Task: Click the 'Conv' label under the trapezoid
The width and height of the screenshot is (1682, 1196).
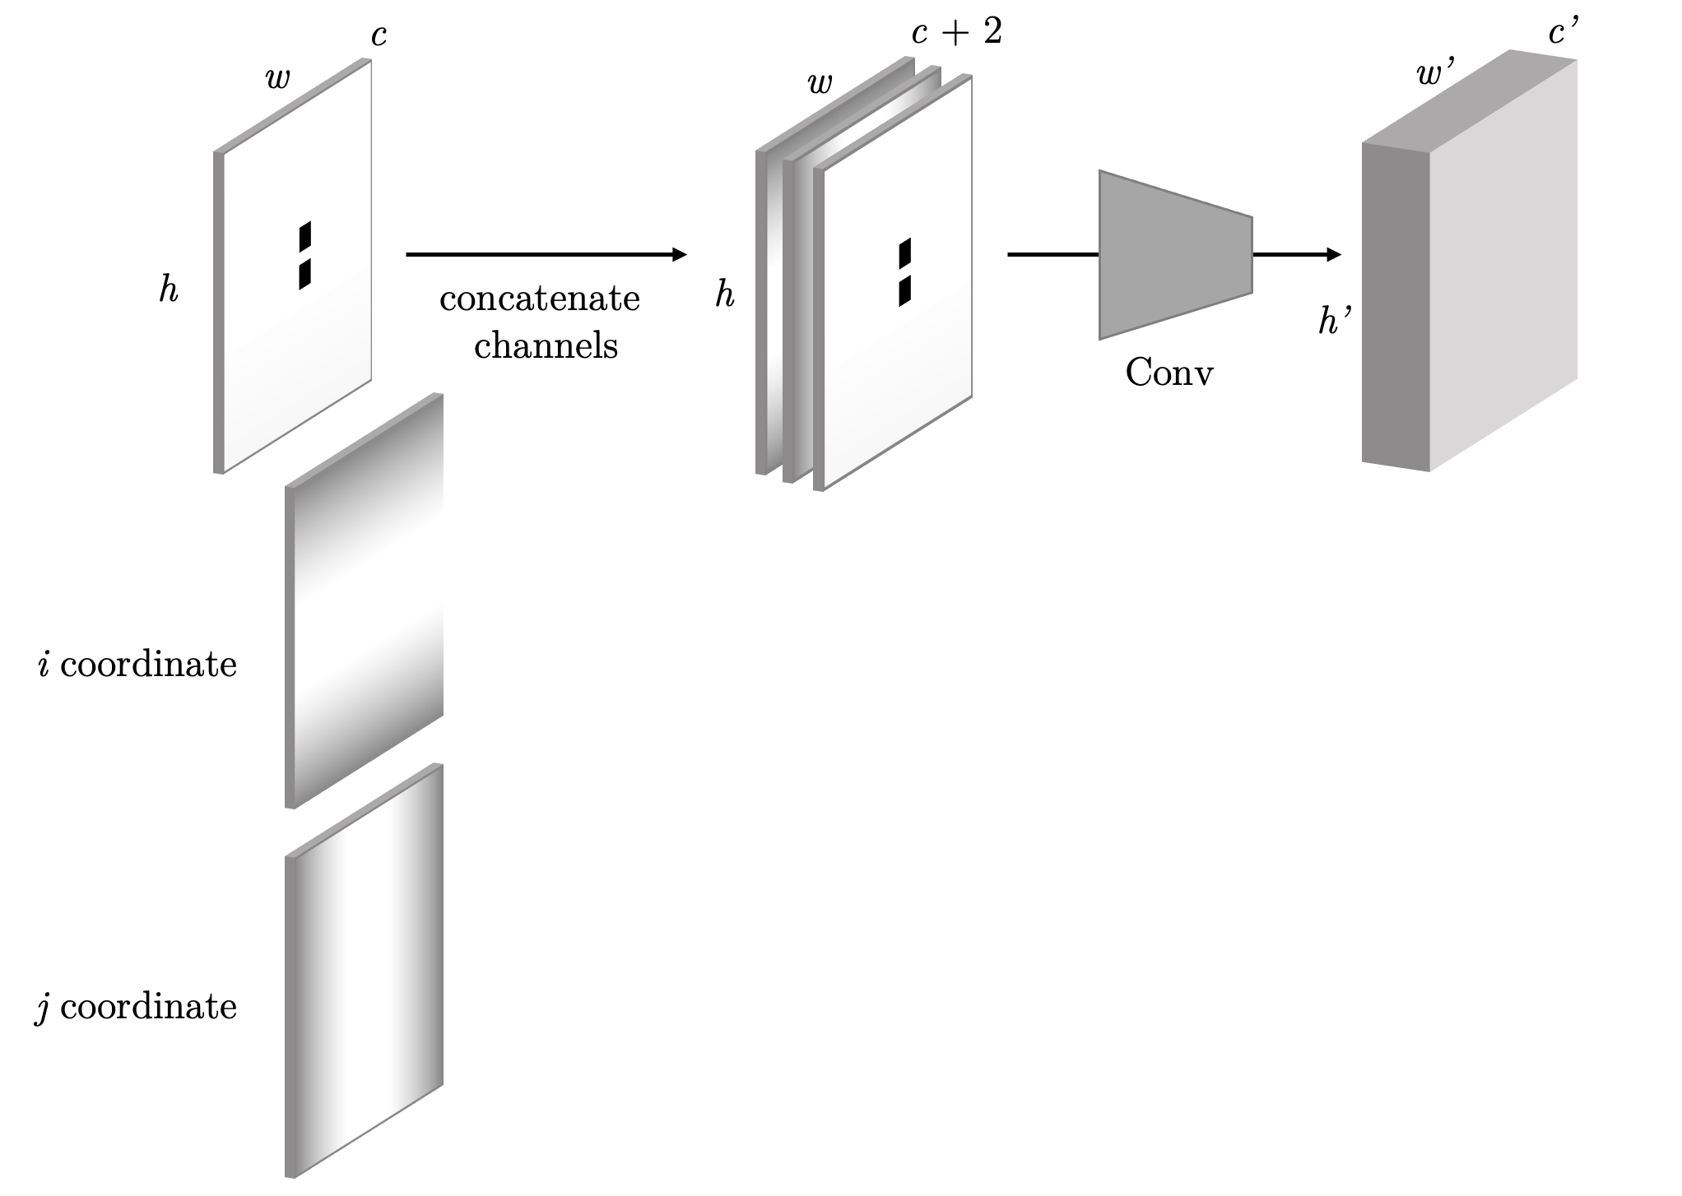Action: pyautogui.click(x=1169, y=373)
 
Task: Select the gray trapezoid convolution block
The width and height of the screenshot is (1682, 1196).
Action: pyautogui.click(x=1175, y=255)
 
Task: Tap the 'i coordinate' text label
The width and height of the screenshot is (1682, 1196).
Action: pyautogui.click(x=138, y=665)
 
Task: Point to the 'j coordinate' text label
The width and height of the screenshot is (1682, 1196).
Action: pyautogui.click(x=137, y=1007)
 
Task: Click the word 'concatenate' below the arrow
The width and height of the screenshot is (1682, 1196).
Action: pyautogui.click(x=539, y=299)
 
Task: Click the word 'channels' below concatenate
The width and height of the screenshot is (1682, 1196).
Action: pyautogui.click(x=546, y=345)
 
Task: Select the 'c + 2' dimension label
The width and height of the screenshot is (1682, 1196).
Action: pyautogui.click(x=956, y=33)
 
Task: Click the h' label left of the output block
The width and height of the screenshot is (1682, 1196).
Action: pyautogui.click(x=1335, y=322)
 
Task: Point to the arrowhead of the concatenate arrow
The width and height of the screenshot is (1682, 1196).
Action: pyautogui.click(x=680, y=255)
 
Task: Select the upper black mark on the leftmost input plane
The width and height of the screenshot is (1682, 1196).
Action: pyautogui.click(x=305, y=235)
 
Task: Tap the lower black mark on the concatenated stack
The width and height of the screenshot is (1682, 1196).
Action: pyautogui.click(x=905, y=291)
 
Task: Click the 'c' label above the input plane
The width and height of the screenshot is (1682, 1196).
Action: pyautogui.click(x=379, y=36)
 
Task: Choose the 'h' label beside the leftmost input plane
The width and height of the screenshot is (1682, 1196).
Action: pyautogui.click(x=169, y=290)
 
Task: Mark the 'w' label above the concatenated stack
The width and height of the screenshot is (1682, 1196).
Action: pyautogui.click(x=820, y=82)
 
